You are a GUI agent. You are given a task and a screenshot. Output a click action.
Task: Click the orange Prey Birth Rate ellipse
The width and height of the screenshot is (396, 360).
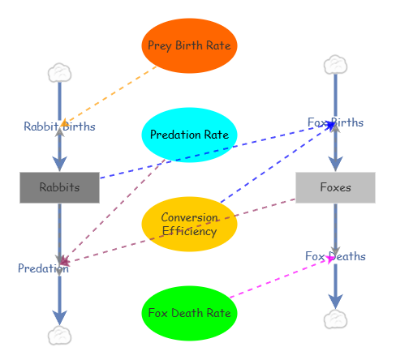click(x=189, y=45)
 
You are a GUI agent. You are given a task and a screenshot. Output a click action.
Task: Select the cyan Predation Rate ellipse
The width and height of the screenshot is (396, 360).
click(x=189, y=135)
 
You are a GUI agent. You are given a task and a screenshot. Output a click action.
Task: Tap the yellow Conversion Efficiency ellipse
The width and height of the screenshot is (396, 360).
click(x=189, y=224)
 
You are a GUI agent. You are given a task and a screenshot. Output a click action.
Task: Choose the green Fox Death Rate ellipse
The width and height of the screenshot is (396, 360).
click(x=189, y=313)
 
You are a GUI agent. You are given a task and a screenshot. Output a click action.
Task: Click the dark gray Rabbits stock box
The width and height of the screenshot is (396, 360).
click(x=59, y=187)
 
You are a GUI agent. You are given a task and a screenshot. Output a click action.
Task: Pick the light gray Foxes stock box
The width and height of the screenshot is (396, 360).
click(x=335, y=187)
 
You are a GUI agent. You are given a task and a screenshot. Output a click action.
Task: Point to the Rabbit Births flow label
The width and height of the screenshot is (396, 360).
click(x=59, y=126)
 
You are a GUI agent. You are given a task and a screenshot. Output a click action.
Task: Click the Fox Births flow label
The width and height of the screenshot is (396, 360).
click(x=335, y=122)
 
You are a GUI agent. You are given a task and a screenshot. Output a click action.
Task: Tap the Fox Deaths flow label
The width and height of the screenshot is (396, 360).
click(x=335, y=256)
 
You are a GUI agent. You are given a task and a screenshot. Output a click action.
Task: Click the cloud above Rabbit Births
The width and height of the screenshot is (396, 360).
click(x=59, y=73)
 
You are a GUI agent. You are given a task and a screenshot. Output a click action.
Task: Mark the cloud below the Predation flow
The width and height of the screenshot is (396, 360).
click(x=59, y=335)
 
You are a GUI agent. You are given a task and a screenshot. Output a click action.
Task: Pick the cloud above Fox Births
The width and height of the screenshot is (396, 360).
click(x=335, y=65)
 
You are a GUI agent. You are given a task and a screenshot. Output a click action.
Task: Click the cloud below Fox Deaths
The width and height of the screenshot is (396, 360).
click(x=335, y=319)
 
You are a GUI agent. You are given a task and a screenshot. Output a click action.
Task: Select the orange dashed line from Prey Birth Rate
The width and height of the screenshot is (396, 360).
click(x=110, y=95)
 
